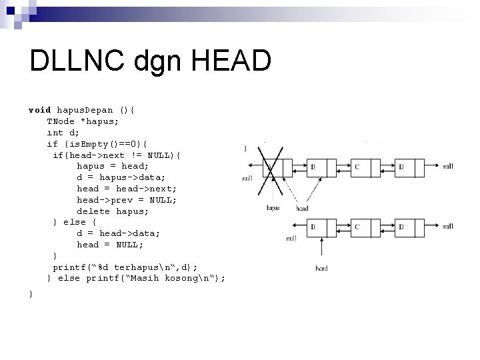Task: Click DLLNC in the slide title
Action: pyautogui.click(x=74, y=62)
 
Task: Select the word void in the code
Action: pyautogui.click(x=39, y=109)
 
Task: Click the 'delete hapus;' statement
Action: pyautogui.click(x=113, y=211)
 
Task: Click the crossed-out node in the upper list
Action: pyautogui.click(x=269, y=168)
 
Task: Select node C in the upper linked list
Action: pyautogui.click(x=357, y=167)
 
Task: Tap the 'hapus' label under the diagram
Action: pyautogui.click(x=273, y=208)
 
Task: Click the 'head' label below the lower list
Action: pyautogui.click(x=321, y=269)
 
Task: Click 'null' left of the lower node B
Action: pyautogui.click(x=291, y=238)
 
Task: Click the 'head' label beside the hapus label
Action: pyautogui.click(x=302, y=208)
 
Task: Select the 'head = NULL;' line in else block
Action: pyautogui.click(x=110, y=245)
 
